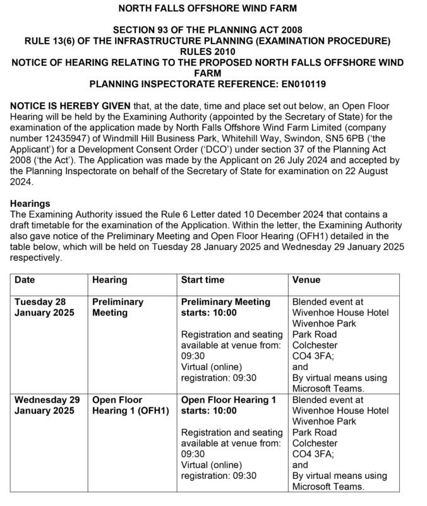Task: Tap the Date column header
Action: click(25, 280)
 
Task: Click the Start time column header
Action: click(202, 280)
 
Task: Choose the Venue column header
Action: click(306, 280)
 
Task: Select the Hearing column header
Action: click(109, 280)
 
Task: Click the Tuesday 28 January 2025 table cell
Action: click(44, 307)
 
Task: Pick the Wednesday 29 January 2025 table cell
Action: click(47, 405)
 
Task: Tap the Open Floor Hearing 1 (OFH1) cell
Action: click(130, 405)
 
